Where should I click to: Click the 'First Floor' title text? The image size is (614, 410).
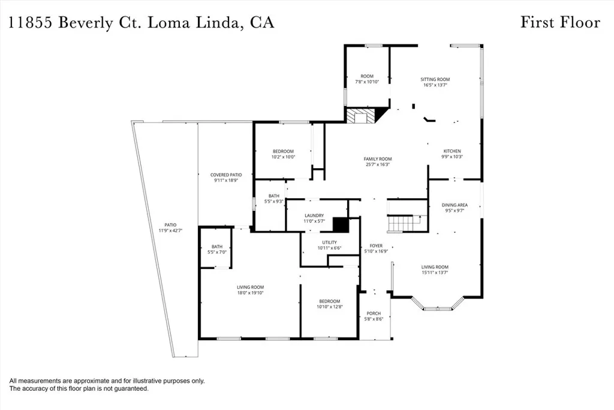pos(559,23)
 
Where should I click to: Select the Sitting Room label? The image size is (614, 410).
pos(435,79)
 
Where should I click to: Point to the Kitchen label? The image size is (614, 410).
pos(452,151)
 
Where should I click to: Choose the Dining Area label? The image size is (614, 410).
pos(455,205)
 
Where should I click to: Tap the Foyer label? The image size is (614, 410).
pos(376,246)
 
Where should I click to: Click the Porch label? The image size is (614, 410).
pos(374,313)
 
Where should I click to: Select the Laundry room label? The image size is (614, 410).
pos(314,216)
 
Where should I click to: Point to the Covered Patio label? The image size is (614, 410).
pos(226,175)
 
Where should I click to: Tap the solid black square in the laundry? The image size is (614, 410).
pos(341,224)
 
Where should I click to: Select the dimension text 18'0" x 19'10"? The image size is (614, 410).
pos(249,293)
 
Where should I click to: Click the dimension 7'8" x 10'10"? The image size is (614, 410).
pos(367,82)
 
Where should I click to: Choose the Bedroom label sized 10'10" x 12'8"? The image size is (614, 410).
pos(329,301)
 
